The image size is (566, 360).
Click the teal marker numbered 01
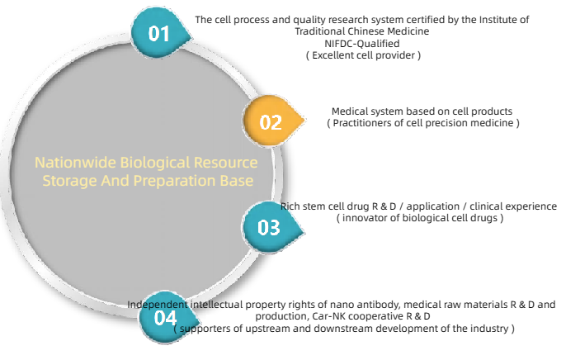point(158,33)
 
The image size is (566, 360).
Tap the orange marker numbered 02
point(271,121)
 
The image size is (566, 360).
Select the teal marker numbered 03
point(270,228)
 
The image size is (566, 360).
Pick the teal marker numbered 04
point(167,317)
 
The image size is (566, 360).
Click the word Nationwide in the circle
point(75,163)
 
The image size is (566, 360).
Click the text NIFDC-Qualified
point(362,44)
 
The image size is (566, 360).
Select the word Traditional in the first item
point(319,31)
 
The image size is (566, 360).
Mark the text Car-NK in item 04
point(326,316)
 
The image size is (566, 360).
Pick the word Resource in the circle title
point(225,163)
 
